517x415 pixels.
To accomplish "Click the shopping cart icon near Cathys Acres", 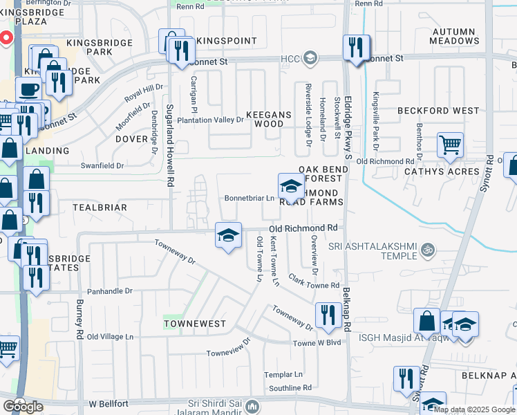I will (x=450, y=145).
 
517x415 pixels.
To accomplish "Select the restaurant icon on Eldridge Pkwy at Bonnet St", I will (x=356, y=47).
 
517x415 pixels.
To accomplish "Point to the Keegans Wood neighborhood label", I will (x=265, y=118).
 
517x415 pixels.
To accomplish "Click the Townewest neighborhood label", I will (x=185, y=324).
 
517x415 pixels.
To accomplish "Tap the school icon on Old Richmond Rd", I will (x=228, y=235).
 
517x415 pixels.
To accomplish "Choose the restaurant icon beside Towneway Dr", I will (x=326, y=315).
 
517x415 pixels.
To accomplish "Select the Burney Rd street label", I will (x=80, y=326).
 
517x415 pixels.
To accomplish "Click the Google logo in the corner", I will (x=23, y=407).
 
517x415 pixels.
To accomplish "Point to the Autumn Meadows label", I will (x=453, y=36).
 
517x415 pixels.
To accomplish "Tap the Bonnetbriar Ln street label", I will (x=249, y=198).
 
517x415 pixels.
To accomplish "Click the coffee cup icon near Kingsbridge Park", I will (x=28, y=90).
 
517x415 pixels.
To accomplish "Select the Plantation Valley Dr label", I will (x=211, y=120).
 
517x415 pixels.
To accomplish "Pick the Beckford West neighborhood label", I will (x=438, y=111).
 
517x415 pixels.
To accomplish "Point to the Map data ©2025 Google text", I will (x=474, y=409).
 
